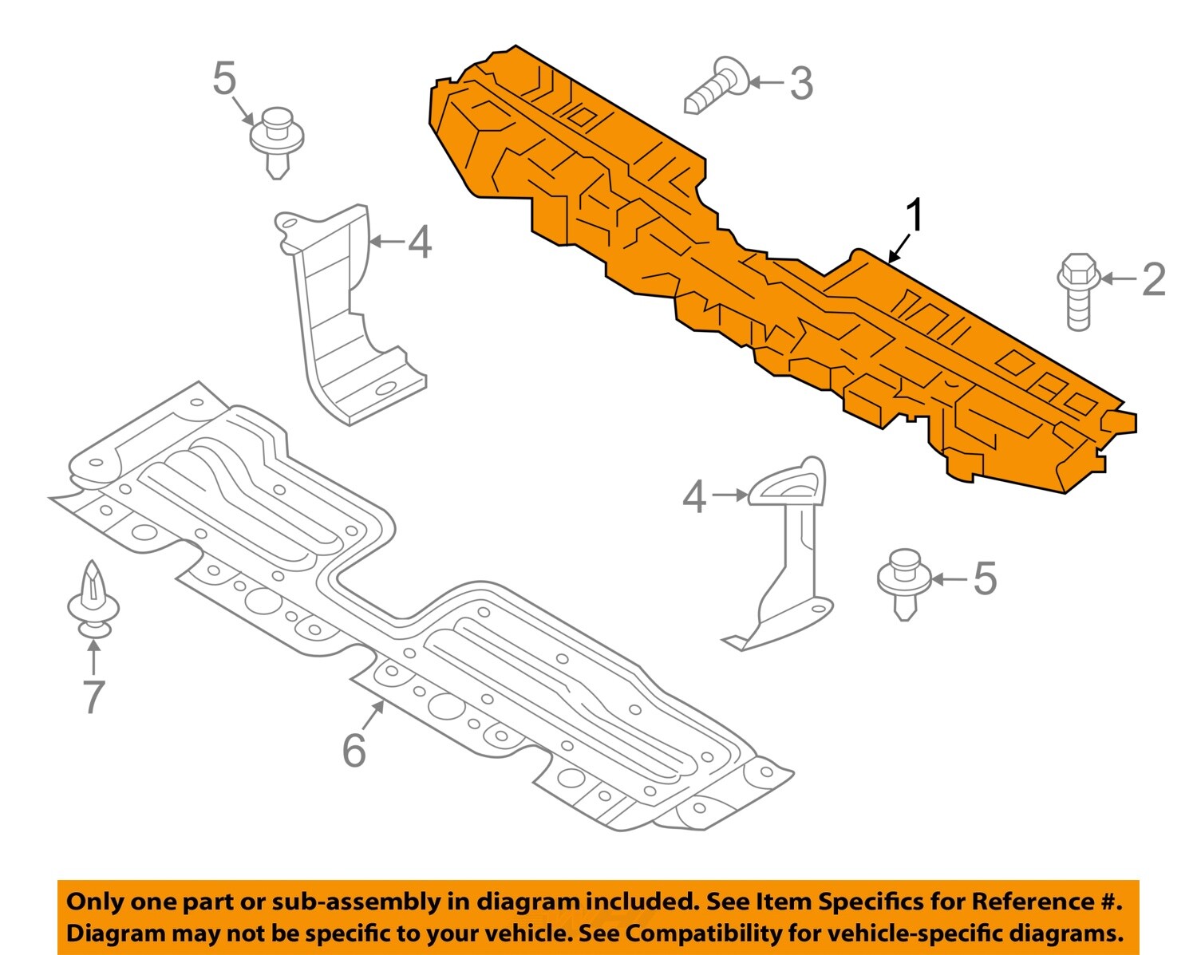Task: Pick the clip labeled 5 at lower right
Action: pyautogui.click(x=904, y=582)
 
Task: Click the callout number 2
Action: pyautogui.click(x=1153, y=279)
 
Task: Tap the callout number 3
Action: pyautogui.click(x=801, y=83)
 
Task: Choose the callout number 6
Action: pyautogui.click(x=354, y=750)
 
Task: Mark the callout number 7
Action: pyautogui.click(x=93, y=697)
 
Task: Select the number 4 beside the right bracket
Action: pyautogui.click(x=694, y=497)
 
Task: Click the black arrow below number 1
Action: pyautogui.click(x=899, y=248)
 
